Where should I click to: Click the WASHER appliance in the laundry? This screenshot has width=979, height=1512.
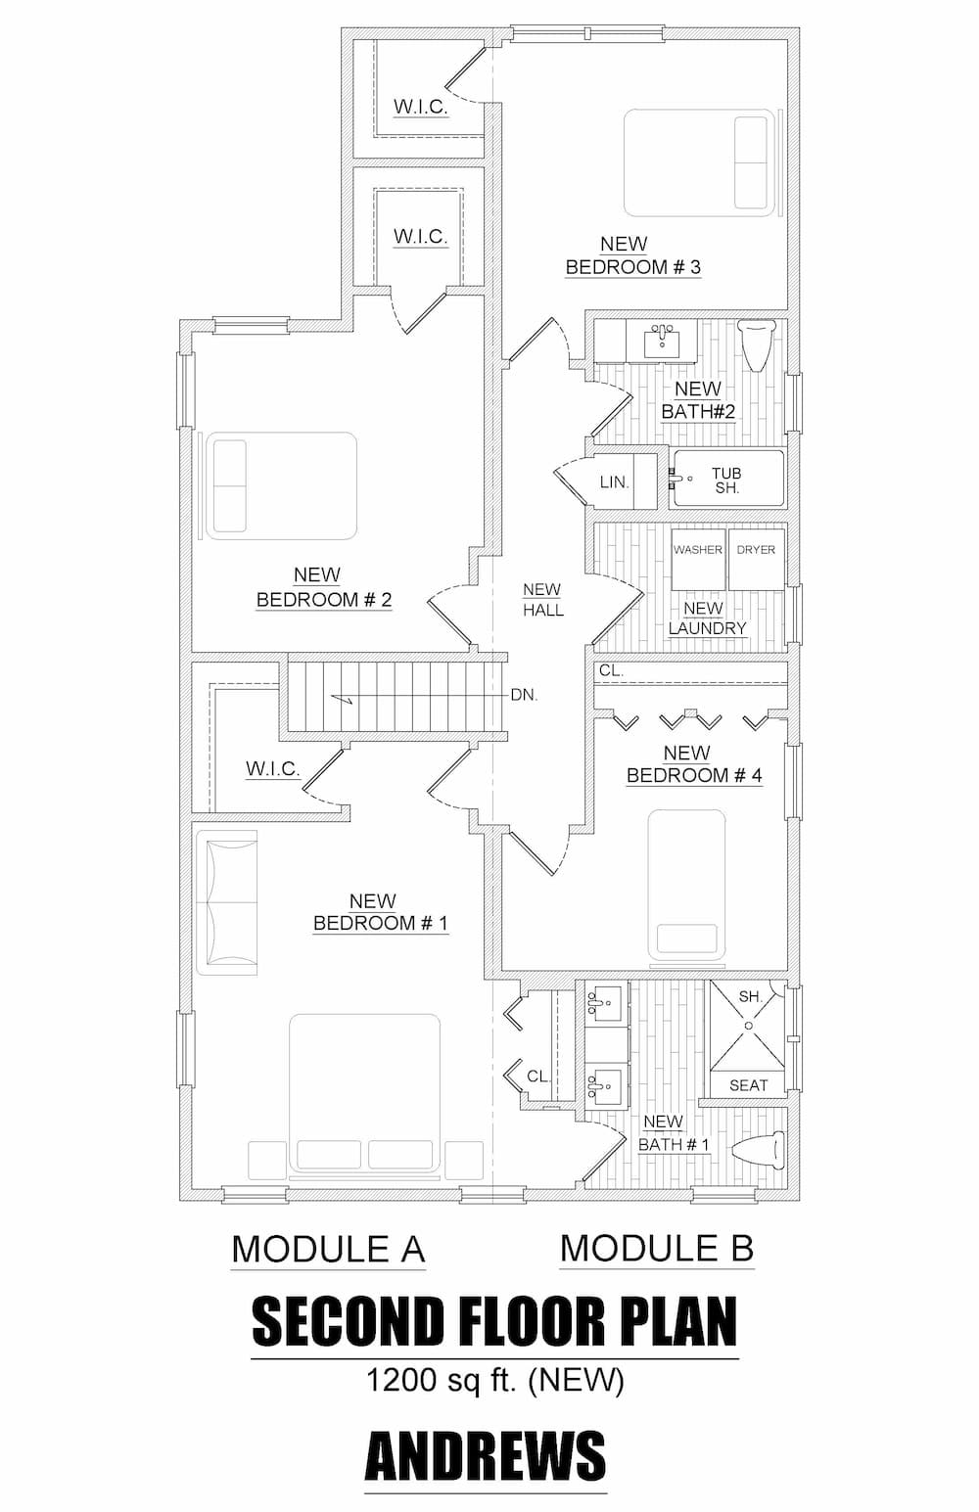point(697,560)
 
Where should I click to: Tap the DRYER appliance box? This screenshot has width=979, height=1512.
point(756,560)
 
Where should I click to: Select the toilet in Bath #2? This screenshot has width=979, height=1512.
point(756,344)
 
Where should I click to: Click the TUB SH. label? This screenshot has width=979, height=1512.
point(726,480)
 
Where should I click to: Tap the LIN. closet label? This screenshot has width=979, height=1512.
point(615,482)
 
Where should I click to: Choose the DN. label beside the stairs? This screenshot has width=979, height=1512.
point(524,695)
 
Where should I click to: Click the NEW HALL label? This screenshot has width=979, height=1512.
point(542,600)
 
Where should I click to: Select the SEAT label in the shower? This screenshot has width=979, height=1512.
point(748,1085)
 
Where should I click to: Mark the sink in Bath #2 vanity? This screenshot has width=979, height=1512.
point(662,342)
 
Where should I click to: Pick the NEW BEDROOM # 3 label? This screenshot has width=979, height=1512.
point(632,255)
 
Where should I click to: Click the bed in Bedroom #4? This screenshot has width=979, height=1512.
point(686,885)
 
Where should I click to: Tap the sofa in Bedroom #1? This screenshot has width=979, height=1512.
point(227,902)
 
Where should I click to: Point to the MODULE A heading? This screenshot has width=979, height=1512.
point(328,1250)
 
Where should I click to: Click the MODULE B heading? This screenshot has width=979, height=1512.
point(656,1248)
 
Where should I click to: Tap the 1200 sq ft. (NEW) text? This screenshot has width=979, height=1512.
point(495,1381)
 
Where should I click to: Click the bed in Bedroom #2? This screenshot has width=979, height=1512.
point(281,486)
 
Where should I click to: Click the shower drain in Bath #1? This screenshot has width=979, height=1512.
point(748,1026)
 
